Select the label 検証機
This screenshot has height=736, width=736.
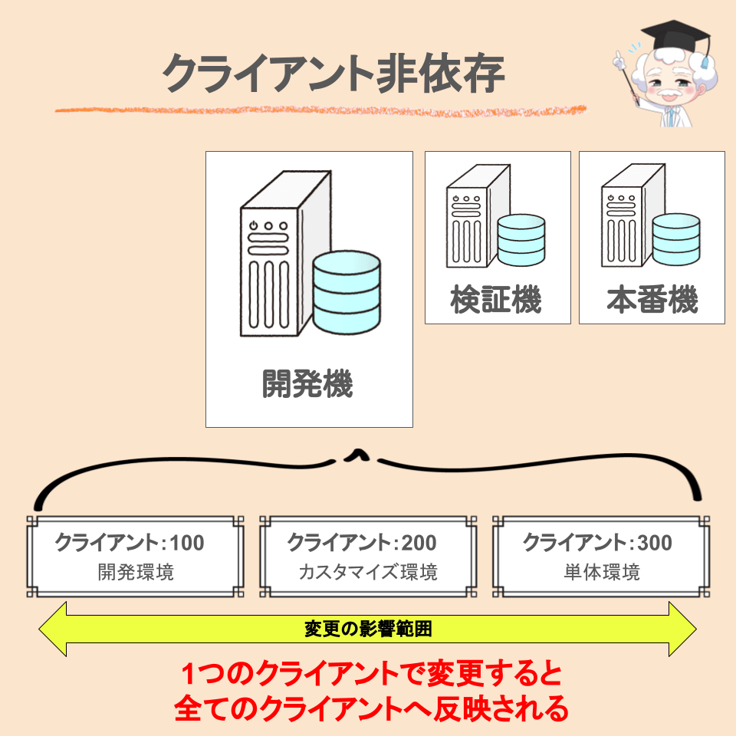[x=496, y=300]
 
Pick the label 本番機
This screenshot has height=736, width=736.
[x=652, y=300]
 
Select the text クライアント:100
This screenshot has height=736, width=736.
[x=130, y=544]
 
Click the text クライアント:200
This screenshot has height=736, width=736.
[x=362, y=544]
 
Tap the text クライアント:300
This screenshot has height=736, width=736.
[x=597, y=544]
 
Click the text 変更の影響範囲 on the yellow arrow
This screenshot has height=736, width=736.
[x=368, y=629]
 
